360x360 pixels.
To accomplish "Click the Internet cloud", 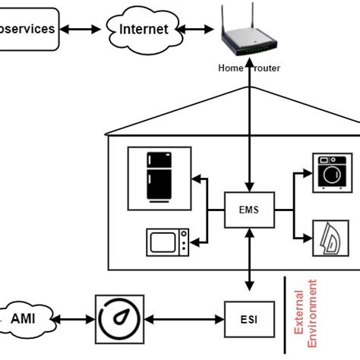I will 143,30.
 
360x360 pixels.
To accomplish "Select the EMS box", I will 248,210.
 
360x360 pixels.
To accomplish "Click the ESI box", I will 248,319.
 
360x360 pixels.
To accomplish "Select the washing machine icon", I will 332,173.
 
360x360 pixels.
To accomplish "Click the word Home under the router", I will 230,68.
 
